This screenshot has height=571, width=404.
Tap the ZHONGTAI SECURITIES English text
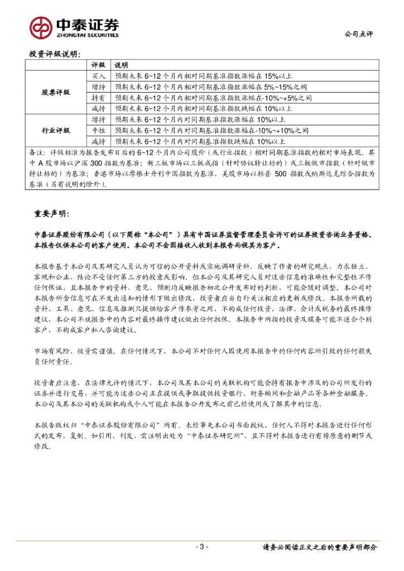[x=86, y=35]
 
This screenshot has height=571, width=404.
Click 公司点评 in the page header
[x=358, y=34]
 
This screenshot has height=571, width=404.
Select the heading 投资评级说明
[x=54, y=54]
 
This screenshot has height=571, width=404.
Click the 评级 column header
[x=98, y=65]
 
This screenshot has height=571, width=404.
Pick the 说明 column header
[x=121, y=65]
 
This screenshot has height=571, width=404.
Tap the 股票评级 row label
[x=56, y=92]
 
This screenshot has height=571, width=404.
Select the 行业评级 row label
[x=56, y=130]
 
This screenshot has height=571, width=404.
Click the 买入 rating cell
[x=98, y=75]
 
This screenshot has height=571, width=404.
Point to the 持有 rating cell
[x=98, y=98]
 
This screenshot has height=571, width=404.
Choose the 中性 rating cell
[x=98, y=130]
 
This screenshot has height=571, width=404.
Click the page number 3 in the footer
[x=201, y=546]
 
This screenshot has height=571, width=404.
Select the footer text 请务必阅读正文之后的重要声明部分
[x=319, y=547]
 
